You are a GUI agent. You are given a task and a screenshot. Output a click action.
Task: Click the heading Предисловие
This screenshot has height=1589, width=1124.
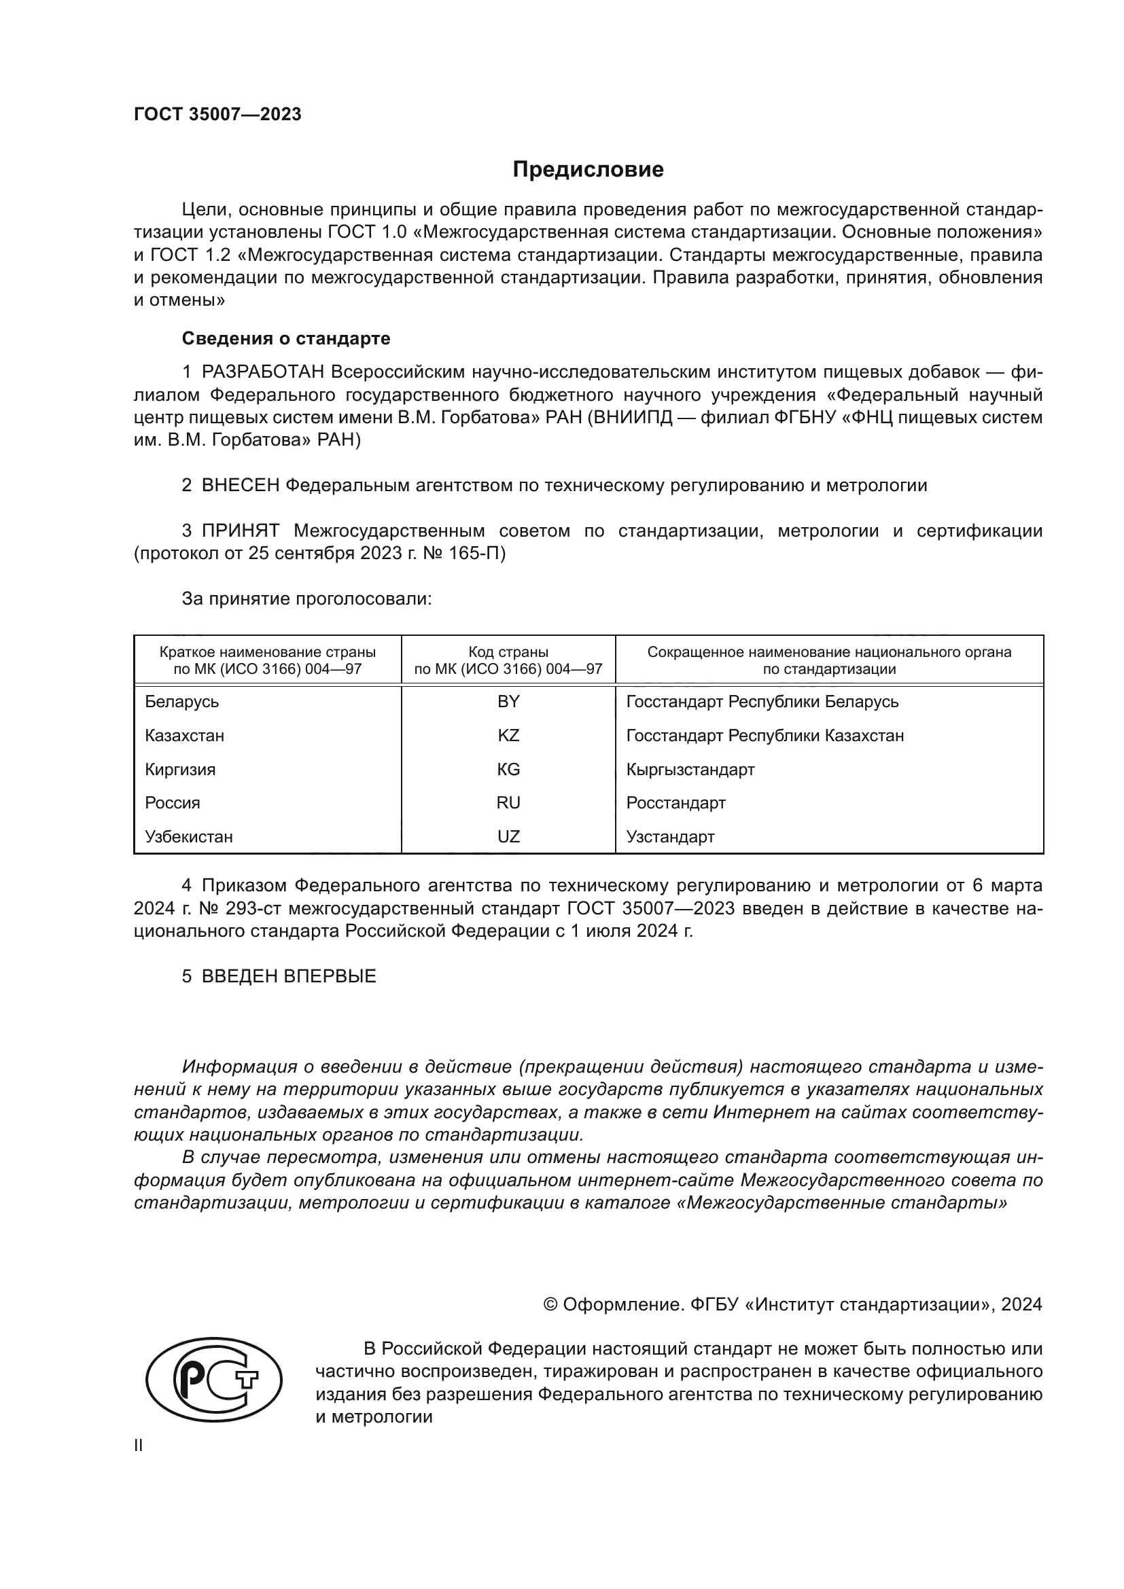(588, 170)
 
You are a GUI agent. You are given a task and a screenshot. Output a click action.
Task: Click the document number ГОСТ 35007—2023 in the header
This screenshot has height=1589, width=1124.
(217, 114)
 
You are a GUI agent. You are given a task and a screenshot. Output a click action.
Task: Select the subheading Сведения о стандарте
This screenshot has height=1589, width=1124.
(286, 338)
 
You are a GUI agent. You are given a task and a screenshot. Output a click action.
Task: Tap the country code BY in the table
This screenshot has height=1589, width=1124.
(508, 702)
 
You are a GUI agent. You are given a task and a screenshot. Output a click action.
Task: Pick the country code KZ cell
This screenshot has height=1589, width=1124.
(508, 736)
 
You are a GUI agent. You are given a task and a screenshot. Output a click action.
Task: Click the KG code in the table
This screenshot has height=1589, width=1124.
(508, 770)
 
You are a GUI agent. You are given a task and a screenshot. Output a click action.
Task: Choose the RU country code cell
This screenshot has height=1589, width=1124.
(508, 803)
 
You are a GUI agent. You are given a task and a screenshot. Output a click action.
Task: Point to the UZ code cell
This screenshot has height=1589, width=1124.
(508, 837)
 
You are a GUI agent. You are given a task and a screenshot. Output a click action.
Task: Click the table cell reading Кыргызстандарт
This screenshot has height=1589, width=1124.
(690, 770)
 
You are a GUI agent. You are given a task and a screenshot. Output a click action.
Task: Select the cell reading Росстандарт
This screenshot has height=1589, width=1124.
(675, 803)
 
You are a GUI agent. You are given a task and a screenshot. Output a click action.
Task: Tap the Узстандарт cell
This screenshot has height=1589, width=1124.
(670, 837)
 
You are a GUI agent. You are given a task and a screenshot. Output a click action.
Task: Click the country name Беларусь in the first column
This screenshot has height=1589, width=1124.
(182, 702)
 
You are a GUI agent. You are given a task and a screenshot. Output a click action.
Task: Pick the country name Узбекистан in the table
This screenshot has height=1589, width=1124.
(189, 837)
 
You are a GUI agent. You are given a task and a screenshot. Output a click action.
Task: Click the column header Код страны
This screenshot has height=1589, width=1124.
(508, 652)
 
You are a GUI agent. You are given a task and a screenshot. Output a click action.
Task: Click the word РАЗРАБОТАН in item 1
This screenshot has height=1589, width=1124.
(263, 372)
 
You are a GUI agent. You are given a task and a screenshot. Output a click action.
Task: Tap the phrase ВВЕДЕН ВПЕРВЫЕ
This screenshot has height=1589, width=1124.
(289, 976)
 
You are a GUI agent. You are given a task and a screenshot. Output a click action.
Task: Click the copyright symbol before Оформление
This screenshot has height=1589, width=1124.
(551, 1304)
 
